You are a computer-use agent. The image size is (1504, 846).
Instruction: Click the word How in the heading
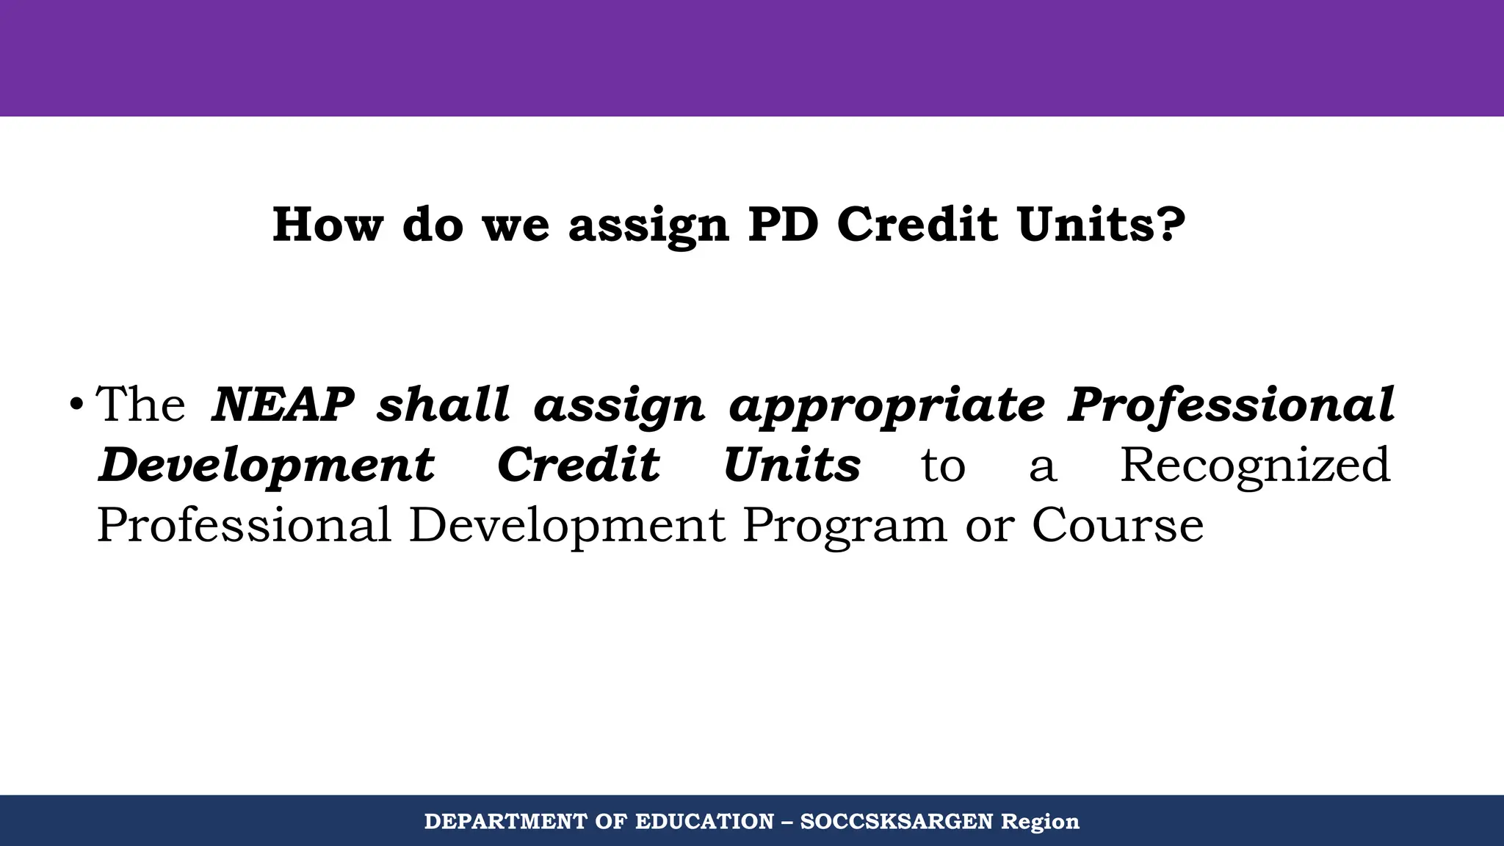328,225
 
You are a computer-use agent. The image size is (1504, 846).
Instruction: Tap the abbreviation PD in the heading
783,225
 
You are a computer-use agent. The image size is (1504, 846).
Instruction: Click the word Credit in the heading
918,225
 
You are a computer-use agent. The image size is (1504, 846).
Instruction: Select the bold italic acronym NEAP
283,404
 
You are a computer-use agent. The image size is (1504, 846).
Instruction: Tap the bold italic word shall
443,404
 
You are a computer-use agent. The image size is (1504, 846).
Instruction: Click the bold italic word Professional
1231,404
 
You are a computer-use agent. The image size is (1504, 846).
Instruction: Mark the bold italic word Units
792,465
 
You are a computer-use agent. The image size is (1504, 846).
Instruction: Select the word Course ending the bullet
1118,526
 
